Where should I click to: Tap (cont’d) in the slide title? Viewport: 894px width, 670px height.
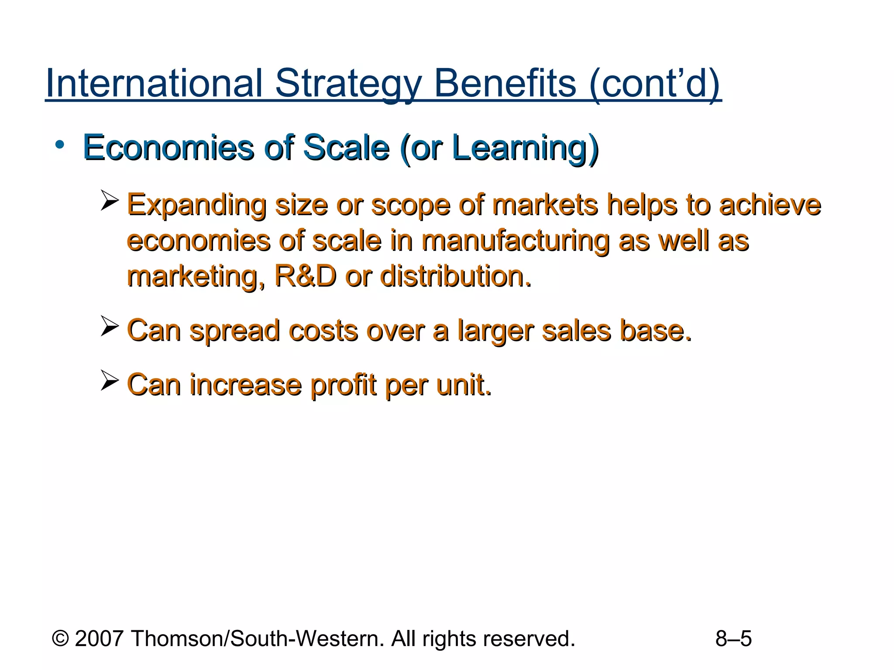[x=654, y=84]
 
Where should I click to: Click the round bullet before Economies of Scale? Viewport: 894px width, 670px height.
[x=60, y=145]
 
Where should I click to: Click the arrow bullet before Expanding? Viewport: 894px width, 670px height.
[x=109, y=200]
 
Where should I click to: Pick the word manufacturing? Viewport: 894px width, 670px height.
[x=515, y=241]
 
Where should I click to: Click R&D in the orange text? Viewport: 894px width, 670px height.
[x=306, y=276]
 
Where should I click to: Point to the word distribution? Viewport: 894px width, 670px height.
[x=456, y=276]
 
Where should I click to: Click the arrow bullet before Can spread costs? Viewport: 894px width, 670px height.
[x=109, y=326]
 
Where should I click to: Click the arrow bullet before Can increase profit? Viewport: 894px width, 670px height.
[x=109, y=380]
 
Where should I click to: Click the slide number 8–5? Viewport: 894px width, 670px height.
[x=733, y=639]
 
